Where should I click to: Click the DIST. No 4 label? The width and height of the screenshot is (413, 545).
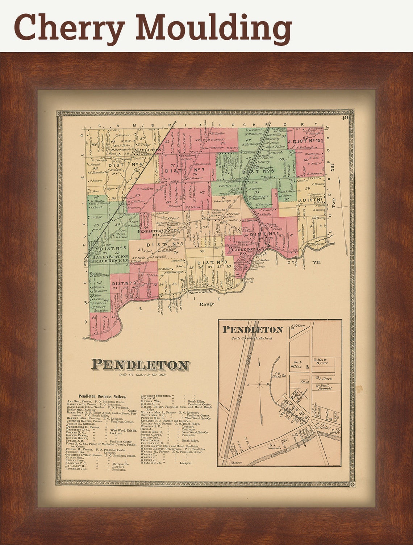pos(124,164)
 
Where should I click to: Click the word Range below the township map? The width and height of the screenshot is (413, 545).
pos(206,304)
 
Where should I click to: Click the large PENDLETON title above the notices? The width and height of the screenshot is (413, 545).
pos(140,365)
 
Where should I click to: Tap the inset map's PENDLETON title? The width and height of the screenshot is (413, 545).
pos(252,330)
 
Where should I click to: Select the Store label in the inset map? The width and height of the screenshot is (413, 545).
pos(238,463)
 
